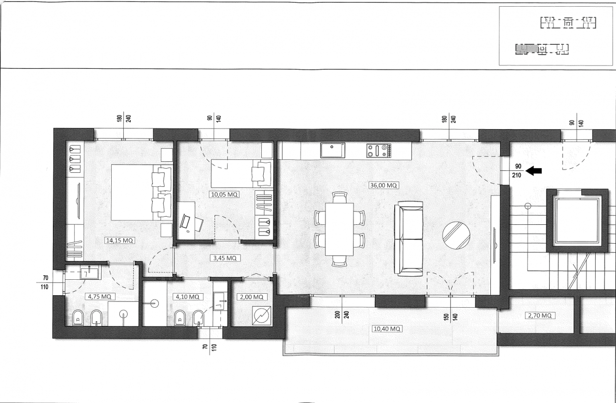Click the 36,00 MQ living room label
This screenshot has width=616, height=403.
click(384, 185)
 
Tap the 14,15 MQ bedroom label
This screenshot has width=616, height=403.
click(120, 240)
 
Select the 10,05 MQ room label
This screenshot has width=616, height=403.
click(224, 195)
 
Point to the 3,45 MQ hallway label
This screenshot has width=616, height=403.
click(225, 258)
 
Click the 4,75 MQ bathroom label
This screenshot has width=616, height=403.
click(100, 297)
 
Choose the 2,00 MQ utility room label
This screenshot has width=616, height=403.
click(252, 297)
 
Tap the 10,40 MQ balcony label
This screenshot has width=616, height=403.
click(387, 329)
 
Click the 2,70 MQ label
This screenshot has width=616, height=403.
click(540, 315)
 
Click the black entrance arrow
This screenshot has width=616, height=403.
click(534, 171)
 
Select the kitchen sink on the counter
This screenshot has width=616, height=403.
click(333, 150)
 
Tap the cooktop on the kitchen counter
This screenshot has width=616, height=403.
click(379, 151)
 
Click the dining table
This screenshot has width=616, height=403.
click(339, 229)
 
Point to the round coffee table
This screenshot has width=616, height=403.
click(456, 235)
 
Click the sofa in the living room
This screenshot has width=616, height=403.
click(409, 239)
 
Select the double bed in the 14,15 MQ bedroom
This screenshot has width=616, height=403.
click(141, 192)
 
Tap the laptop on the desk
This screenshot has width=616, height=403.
click(184, 221)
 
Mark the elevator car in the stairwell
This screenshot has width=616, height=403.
click(577, 221)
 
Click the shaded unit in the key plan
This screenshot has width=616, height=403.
click(526, 49)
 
